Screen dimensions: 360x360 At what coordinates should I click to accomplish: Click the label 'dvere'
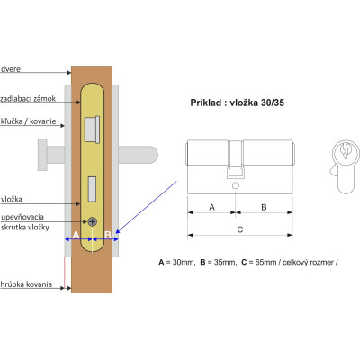click(x=11, y=69)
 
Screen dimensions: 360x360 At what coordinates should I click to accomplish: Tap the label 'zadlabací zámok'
click(x=28, y=99)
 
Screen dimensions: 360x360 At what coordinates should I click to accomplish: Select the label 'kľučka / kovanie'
click(x=29, y=121)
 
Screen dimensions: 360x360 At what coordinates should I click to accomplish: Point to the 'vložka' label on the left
click(x=12, y=199)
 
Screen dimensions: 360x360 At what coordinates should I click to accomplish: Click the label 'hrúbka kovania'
click(x=26, y=284)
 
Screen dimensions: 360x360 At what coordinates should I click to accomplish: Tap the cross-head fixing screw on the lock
click(x=93, y=222)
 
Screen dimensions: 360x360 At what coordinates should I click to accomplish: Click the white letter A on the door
click(x=76, y=235)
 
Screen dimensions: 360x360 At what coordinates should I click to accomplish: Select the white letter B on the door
click(x=108, y=235)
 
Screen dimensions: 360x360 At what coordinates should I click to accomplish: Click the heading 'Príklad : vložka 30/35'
click(x=238, y=103)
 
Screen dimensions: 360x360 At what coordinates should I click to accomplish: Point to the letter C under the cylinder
click(x=240, y=229)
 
